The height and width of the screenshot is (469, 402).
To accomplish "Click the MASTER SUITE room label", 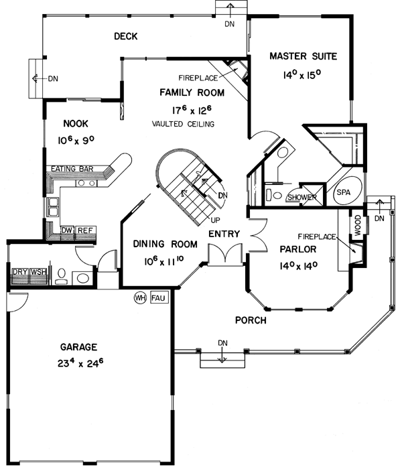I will coord(303,56).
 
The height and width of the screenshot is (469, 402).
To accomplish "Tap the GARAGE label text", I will coord(79,347).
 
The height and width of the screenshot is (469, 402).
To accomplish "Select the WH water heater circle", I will coord(141,297).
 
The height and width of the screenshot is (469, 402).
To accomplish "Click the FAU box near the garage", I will coord(157,297).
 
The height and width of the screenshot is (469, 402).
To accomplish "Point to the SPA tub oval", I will coord(343,192).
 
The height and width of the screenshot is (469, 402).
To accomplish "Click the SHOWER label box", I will coord(301,197).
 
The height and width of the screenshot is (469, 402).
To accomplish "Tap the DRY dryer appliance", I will coord(19,272).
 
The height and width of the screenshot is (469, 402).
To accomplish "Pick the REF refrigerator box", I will coord(84,230).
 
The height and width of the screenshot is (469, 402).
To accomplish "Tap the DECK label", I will coord(125,36).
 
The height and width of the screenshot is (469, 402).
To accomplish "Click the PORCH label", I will coord(251,320).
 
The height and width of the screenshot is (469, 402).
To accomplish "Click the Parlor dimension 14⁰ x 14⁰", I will coord(299,265).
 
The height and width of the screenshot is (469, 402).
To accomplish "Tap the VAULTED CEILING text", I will coord(183,125).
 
